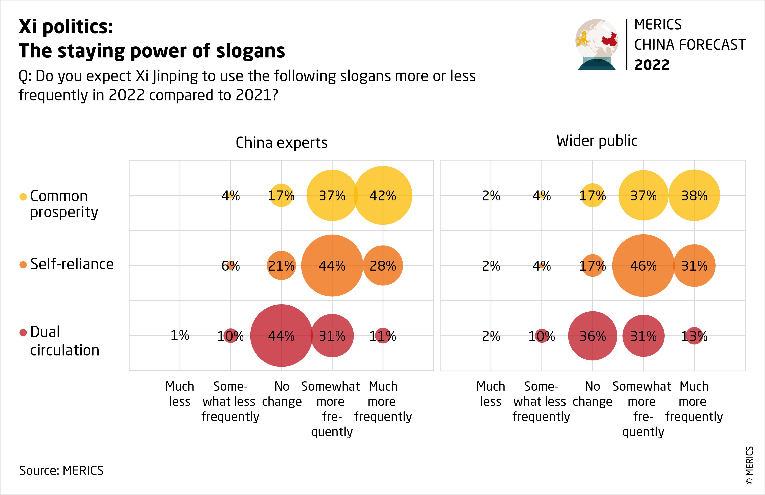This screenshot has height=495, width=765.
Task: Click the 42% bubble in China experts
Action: coord(382,195)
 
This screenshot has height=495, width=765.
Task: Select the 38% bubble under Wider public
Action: coord(694,195)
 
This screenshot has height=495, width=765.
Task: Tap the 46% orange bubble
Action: coord(643,265)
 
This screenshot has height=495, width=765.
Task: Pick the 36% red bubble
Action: coord(592,336)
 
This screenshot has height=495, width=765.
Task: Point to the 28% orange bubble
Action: coord(382,265)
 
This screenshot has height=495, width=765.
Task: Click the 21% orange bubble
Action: coord(281,265)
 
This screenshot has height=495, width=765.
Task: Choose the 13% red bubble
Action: coord(694,336)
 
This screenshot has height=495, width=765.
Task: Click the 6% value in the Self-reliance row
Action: coord(230,266)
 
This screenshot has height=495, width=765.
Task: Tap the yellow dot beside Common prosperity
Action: coord(23,197)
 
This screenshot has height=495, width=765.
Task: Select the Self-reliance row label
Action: coord(72,264)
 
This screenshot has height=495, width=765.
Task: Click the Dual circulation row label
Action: coord(64,341)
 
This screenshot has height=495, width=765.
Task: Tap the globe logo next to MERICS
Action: coord(597,44)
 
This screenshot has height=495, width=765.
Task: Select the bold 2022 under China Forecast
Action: coord(652,65)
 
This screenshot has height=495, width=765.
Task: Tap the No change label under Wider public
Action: coord(592,394)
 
